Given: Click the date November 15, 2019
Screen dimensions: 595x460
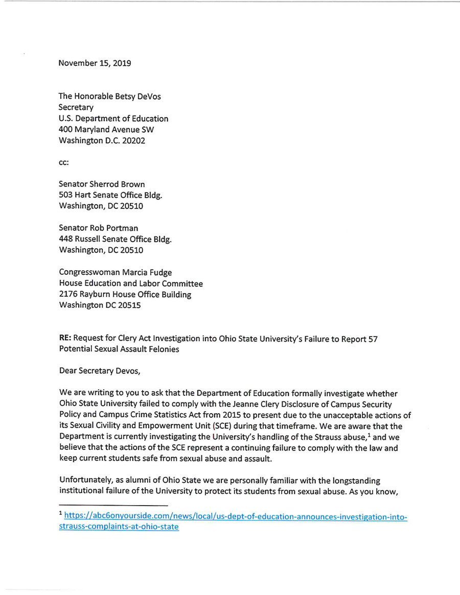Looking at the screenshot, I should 95,64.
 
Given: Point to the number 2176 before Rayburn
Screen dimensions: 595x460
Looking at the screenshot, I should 70,295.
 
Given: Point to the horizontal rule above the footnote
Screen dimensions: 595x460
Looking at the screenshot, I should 102,504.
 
